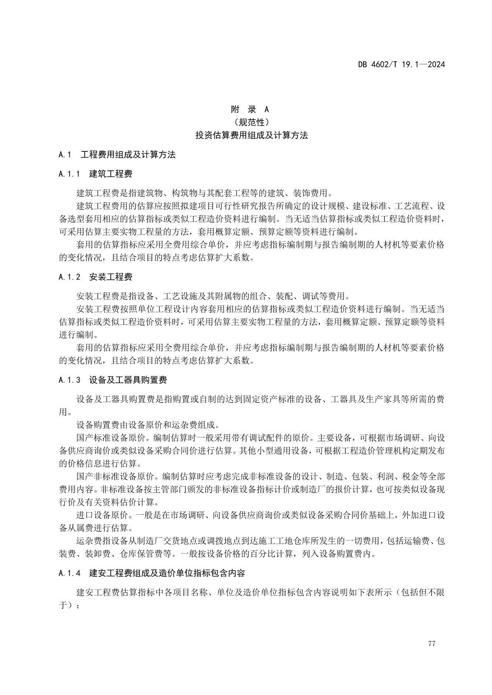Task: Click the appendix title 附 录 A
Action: tap(250, 109)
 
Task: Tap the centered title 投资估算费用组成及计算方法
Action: tap(251, 135)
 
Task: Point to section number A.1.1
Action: tap(69, 174)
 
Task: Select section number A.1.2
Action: tap(69, 277)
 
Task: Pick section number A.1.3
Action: tap(69, 380)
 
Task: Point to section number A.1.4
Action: tap(69, 573)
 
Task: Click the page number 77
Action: tap(432, 643)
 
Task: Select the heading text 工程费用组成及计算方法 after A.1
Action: tap(128, 155)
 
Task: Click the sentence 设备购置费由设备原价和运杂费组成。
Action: tap(147, 425)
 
